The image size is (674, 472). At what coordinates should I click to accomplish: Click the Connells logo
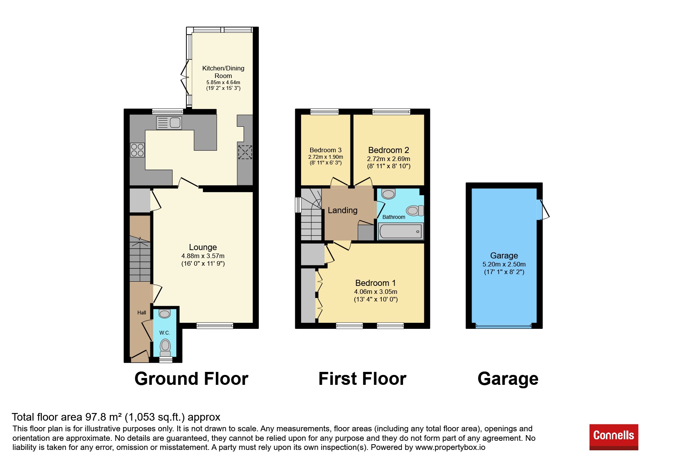tap(613, 437)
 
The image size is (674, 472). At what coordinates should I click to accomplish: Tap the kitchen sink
tap(169, 123)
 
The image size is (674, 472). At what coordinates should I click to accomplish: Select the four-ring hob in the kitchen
tap(137, 150)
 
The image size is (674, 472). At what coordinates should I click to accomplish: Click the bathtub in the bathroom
tap(401, 231)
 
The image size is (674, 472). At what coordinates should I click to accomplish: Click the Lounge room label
tap(203, 247)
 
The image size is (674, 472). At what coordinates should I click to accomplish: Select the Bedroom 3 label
tap(325, 150)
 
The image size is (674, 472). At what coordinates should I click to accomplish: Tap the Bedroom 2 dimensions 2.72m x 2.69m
tap(389, 159)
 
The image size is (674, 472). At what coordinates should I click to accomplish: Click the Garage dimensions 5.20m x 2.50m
tap(504, 264)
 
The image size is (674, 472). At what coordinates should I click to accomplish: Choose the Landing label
tap(343, 210)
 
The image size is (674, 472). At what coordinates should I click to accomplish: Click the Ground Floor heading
tap(191, 379)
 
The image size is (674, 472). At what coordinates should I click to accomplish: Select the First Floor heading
tap(362, 379)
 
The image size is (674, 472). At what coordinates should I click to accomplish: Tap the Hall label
tap(142, 313)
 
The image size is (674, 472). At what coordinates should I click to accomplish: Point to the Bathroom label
tap(394, 217)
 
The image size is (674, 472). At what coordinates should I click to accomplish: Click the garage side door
tap(543, 210)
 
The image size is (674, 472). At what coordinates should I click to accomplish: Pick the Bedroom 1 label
tap(375, 283)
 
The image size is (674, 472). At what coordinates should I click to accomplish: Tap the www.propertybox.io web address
tap(450, 448)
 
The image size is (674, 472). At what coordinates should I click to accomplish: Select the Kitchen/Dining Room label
tap(223, 72)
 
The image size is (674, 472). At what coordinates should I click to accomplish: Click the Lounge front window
tap(215, 326)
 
